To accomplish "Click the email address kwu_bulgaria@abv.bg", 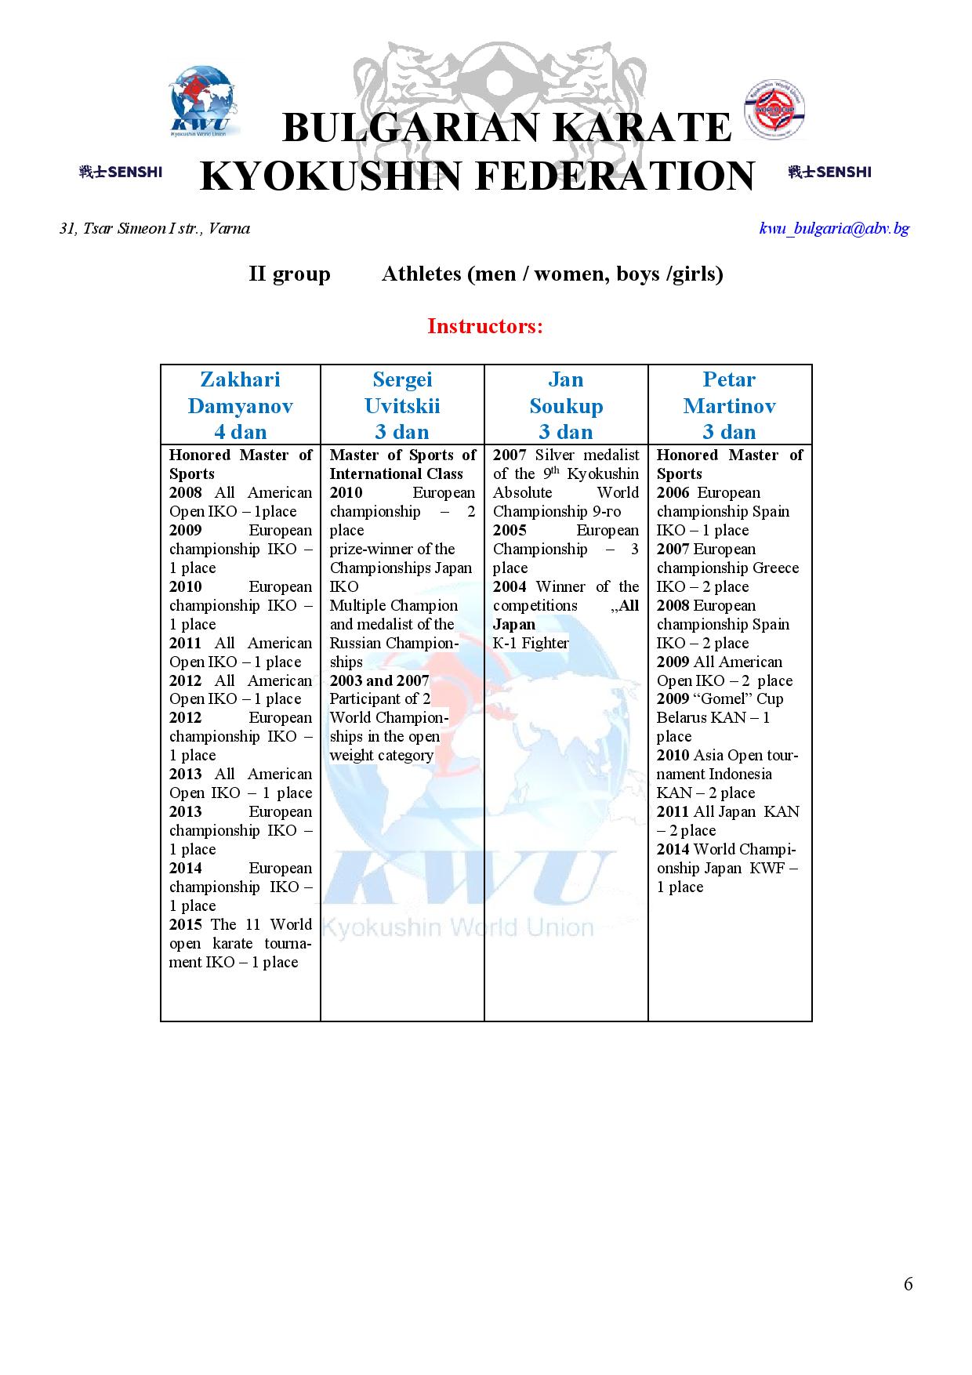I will click(834, 229).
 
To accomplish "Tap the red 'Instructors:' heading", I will click(484, 326).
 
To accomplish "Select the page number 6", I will click(908, 1284).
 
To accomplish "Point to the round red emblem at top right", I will click(774, 110).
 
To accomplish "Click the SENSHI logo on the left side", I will click(121, 172).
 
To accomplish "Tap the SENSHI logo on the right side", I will click(829, 172).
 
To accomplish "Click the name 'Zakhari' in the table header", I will click(240, 379).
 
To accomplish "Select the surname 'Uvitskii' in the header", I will click(402, 406).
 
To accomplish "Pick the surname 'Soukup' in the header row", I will click(566, 406).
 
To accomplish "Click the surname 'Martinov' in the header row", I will click(729, 406).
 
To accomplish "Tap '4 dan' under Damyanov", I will click(240, 432).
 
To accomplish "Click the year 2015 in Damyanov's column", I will click(186, 925).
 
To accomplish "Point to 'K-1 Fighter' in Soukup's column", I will click(531, 644).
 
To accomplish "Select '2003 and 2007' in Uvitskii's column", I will click(379, 680).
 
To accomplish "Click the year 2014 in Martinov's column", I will click(673, 850).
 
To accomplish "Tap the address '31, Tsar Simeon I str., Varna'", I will click(154, 229).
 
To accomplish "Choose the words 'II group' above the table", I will click(289, 274).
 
